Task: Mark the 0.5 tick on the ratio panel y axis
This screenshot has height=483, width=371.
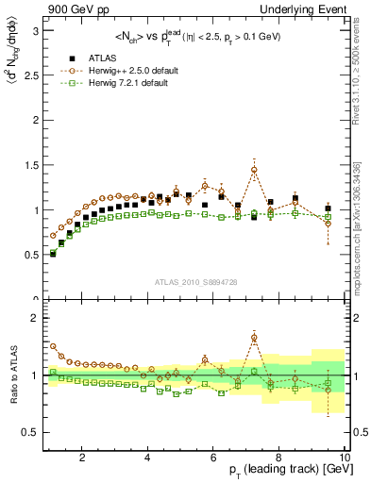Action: point(30,432)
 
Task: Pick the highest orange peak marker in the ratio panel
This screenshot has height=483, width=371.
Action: point(254,338)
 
